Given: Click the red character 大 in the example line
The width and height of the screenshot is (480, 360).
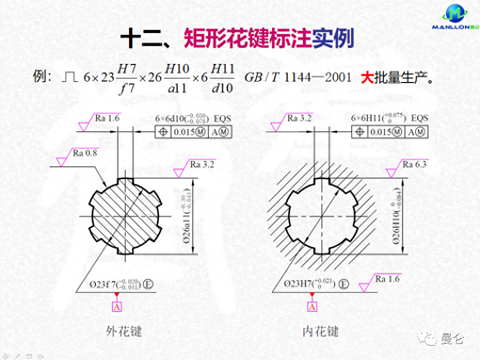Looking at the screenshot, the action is [366, 77].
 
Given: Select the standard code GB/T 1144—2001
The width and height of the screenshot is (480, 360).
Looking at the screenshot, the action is [298, 77].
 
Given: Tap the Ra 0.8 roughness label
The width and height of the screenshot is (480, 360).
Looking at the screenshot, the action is [85, 153].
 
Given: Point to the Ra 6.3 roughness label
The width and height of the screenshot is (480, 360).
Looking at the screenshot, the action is [414, 164].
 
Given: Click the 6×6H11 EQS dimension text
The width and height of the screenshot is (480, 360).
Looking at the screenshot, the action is [389, 118].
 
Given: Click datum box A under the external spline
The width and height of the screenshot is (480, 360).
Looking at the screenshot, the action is [117, 306].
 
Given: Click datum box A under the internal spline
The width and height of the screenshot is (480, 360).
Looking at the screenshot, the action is [312, 306].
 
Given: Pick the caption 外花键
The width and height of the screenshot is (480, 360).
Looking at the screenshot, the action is [124, 331].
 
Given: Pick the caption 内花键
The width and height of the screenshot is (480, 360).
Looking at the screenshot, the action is [320, 331].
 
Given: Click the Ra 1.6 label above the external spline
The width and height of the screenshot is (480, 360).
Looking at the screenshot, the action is [107, 118].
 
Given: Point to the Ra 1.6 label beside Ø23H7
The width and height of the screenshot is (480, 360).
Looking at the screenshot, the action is [387, 279].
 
